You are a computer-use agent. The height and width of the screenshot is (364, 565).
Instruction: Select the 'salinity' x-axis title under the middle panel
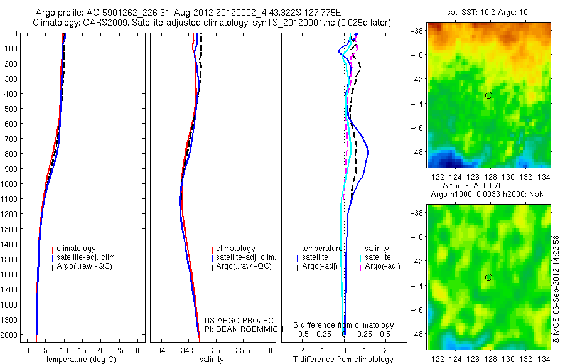click(x=212, y=360)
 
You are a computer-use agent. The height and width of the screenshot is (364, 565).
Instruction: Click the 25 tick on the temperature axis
click(x=119, y=350)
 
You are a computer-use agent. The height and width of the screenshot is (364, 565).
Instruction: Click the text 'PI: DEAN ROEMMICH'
click(x=240, y=328)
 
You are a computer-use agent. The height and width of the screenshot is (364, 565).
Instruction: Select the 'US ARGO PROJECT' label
click(x=240, y=320)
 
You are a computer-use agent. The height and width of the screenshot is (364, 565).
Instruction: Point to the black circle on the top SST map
click(x=488, y=95)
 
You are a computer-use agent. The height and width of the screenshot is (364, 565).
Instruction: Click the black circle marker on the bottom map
click(x=488, y=277)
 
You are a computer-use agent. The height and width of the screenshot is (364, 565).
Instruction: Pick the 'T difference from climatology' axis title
click(x=343, y=360)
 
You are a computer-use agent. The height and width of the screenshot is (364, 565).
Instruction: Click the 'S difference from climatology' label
click(x=343, y=325)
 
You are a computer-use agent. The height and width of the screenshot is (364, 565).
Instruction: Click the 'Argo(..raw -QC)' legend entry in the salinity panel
click(x=243, y=266)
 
